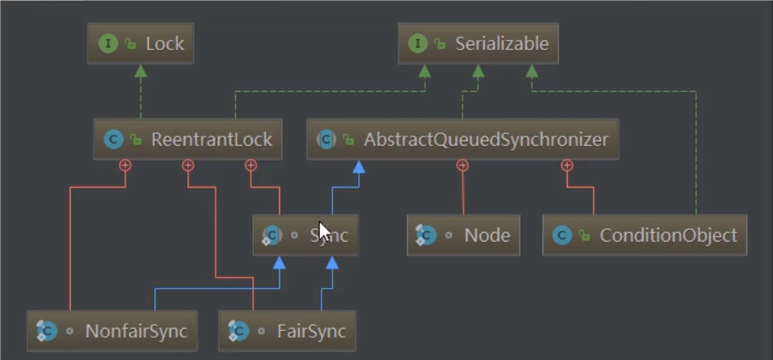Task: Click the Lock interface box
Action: pos(140,43)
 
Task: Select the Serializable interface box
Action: pos(478,43)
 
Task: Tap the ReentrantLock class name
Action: pos(212,140)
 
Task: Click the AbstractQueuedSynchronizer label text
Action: pos(485,140)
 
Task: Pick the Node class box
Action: pos(463,235)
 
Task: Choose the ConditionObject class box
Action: pos(645,235)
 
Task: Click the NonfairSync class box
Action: pos(112,331)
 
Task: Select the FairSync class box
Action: pos(288,331)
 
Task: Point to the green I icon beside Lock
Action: pos(108,43)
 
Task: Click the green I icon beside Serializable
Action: pos(418,43)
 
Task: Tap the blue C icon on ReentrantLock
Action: pos(114,140)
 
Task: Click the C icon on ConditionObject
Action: pos(562,235)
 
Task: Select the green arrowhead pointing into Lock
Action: pos(141,71)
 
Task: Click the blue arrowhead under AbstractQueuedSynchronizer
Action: pos(359,167)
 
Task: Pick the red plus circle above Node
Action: pos(462,165)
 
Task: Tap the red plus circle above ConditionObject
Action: pos(567,165)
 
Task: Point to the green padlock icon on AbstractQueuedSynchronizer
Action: pos(349,140)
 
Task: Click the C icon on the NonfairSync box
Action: pos(47,331)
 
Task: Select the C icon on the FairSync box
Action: pos(238,331)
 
